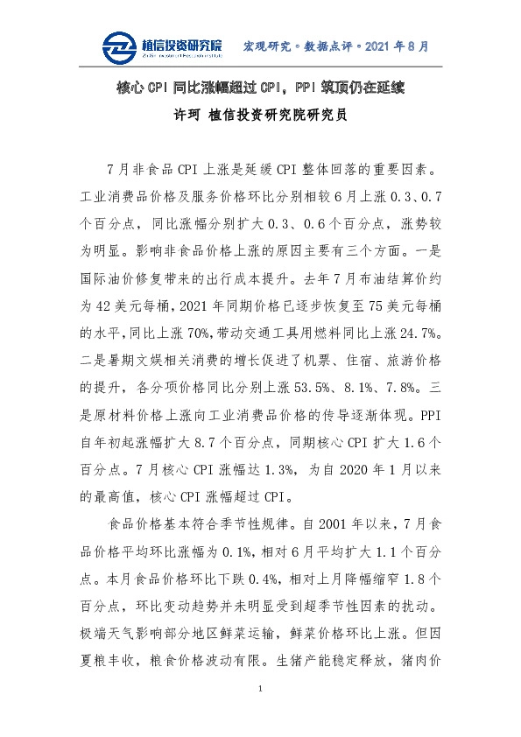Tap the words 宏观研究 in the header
[265, 46]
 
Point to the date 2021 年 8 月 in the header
[394, 46]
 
